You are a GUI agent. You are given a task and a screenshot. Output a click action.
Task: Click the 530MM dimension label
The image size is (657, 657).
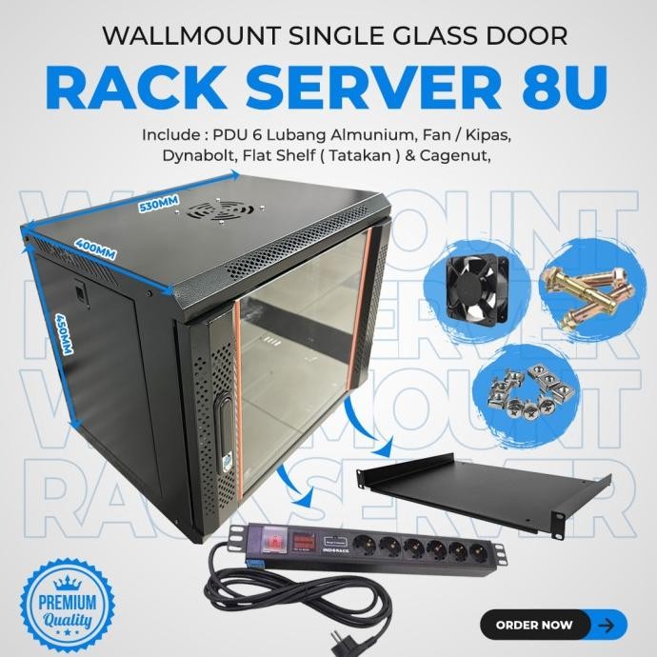click(159, 209)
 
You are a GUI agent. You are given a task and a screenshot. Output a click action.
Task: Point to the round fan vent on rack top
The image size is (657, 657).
click(221, 210)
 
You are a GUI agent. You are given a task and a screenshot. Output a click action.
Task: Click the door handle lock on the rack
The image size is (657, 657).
click(226, 436)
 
